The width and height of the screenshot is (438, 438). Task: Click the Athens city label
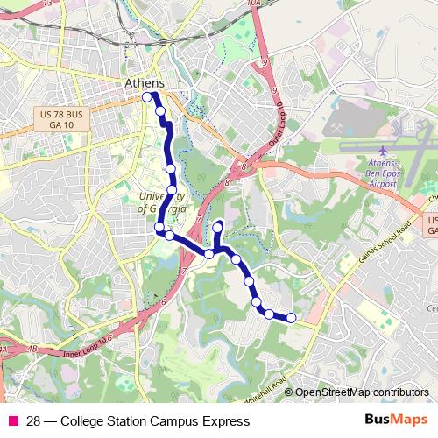[145, 83]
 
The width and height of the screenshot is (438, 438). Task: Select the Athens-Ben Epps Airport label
[388, 174]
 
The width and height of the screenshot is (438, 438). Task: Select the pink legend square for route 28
[13, 421]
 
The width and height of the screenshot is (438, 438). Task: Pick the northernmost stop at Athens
[147, 98]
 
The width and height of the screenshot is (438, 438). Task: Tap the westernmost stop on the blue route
[147, 98]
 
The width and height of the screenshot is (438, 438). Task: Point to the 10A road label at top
[255, 4]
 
